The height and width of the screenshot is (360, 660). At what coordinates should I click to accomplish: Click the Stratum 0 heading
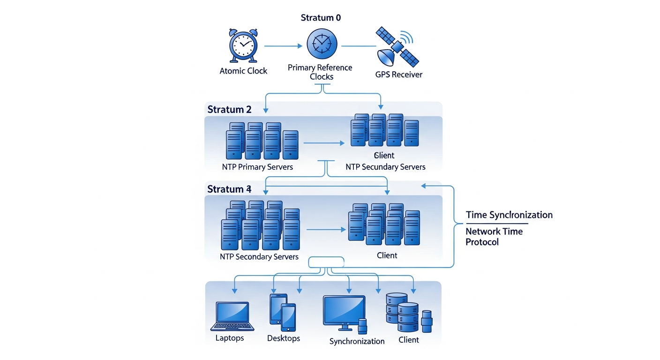321,18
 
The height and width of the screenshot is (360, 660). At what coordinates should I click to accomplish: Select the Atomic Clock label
243,71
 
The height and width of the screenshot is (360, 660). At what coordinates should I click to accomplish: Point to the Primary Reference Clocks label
320,72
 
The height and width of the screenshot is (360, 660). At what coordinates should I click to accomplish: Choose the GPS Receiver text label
398,75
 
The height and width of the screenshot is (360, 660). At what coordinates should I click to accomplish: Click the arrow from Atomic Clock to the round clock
283,46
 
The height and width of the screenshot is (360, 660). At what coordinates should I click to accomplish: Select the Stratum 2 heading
229,110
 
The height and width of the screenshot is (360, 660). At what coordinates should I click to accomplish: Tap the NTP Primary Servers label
257,167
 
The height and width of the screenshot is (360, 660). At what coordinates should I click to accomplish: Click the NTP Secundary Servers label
385,167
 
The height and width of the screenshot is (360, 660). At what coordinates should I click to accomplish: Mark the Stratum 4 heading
229,189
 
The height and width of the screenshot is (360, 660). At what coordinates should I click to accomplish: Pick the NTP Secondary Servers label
259,257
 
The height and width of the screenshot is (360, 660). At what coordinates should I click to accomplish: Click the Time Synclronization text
509,215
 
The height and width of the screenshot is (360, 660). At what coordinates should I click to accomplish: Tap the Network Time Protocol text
494,237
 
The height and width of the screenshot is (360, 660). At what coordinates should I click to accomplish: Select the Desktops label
283,338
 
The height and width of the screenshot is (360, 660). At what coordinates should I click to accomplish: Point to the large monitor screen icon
344,310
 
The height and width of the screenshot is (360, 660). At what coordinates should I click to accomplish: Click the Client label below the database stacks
408,340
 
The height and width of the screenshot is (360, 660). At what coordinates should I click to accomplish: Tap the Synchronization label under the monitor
357,341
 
